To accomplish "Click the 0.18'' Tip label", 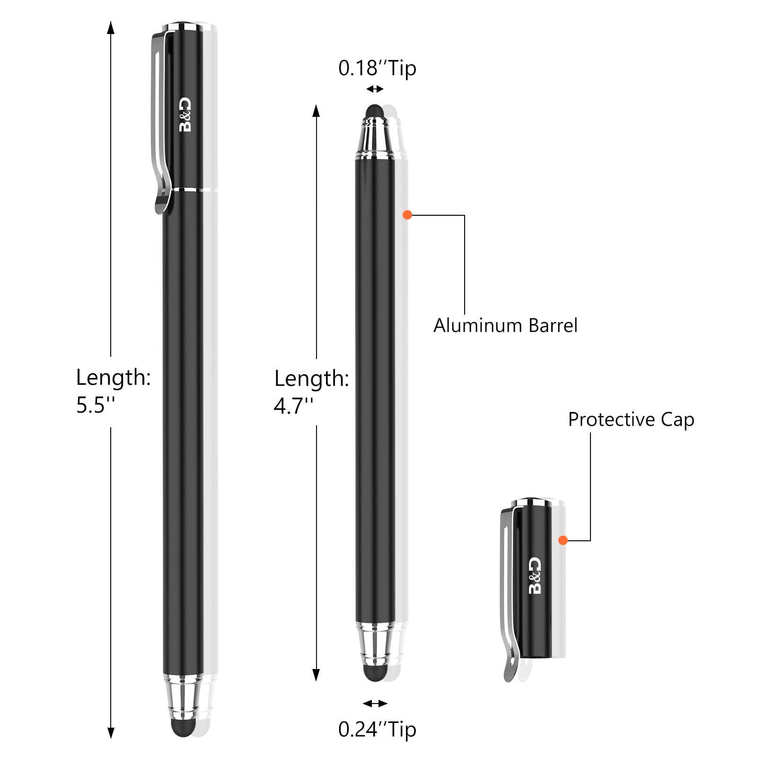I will [377, 69].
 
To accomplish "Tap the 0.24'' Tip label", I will [377, 729].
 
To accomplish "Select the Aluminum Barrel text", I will [505, 326].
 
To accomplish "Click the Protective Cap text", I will [631, 420].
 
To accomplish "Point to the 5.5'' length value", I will [96, 405].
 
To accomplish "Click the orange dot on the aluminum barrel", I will [407, 215].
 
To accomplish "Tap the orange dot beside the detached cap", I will [563, 540].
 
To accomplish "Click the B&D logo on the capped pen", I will [185, 115].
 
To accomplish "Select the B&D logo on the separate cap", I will [535, 575].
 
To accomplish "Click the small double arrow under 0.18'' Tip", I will [375, 89].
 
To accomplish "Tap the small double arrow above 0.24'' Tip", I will [375, 704].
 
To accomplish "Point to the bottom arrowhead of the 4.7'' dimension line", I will [317, 675].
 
